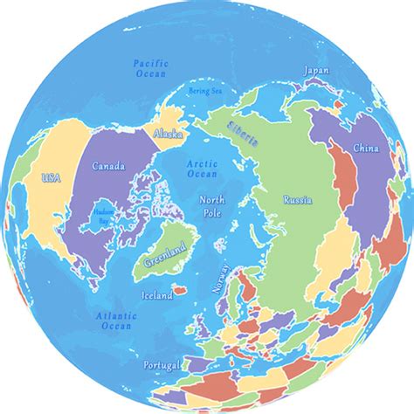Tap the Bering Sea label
pyautogui.click(x=205, y=91)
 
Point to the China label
pyautogui.click(x=365, y=149)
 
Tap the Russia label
pyautogui.click(x=297, y=200)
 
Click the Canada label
pyautogui.click(x=108, y=166)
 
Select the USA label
pyautogui.click(x=52, y=178)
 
